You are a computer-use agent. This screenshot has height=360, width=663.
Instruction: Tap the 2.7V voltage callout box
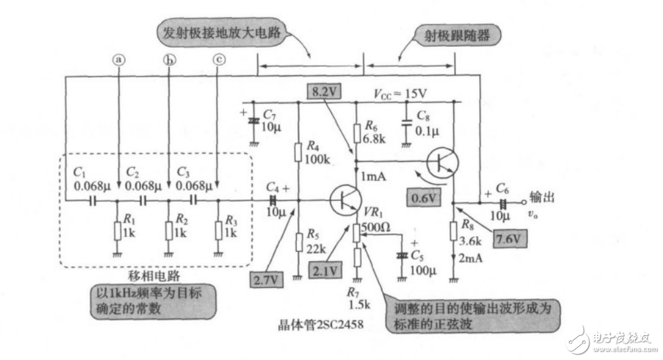tap(266, 280)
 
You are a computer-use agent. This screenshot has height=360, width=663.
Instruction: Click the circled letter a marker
tap(119, 59)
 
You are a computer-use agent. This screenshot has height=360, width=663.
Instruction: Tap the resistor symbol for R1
tap(118, 231)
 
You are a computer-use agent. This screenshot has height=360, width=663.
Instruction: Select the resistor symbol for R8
tap(454, 231)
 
